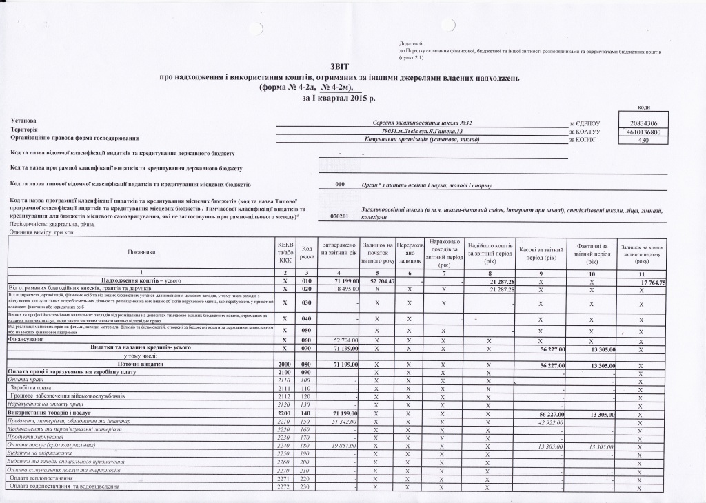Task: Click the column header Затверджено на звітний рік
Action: tap(339, 249)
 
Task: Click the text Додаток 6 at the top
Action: tap(411, 44)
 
